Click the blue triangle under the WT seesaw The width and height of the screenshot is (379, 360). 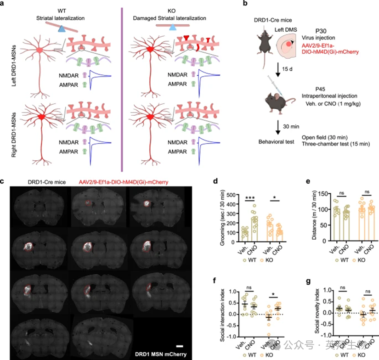[x=62, y=28]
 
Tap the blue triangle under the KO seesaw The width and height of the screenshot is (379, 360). [x=172, y=28]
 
